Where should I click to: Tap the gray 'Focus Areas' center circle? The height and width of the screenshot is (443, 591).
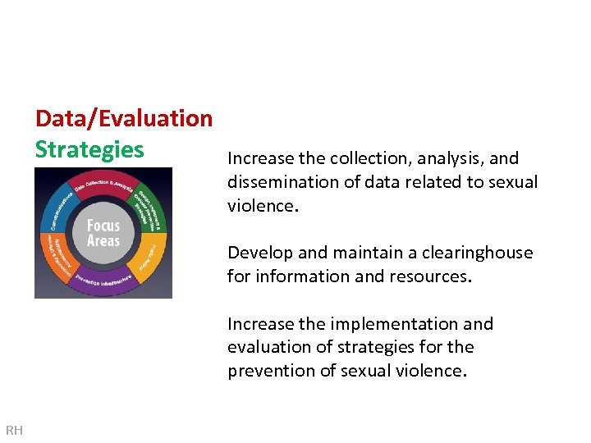103,233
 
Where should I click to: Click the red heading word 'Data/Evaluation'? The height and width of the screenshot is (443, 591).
124,118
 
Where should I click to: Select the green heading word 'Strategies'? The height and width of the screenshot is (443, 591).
89,149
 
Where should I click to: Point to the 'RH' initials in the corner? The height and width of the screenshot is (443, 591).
14,430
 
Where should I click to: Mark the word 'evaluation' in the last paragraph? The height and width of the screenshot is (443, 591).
273,347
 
